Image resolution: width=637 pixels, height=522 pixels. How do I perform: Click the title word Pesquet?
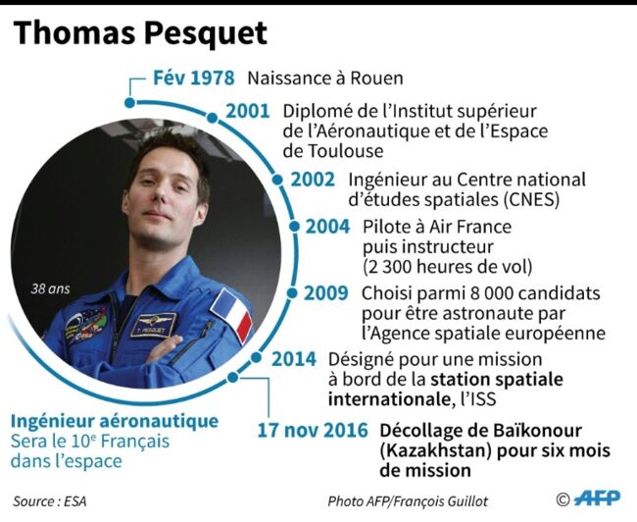(x=206, y=34)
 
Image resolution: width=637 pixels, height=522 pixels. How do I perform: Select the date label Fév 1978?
(x=194, y=78)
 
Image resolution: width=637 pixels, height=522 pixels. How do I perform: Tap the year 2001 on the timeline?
(x=248, y=111)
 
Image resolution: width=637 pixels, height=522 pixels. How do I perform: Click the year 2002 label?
(x=313, y=180)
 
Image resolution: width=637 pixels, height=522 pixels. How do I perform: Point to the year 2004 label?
(x=327, y=227)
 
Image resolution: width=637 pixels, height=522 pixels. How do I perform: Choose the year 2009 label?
(x=326, y=293)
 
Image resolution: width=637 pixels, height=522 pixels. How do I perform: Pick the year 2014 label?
(x=294, y=359)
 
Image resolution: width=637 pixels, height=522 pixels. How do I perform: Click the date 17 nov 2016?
(x=313, y=431)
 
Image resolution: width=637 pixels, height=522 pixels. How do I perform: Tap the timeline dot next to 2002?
(x=277, y=180)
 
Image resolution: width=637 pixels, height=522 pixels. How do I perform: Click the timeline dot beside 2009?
(x=292, y=293)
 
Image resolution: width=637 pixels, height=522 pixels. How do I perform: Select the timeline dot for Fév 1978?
(x=130, y=102)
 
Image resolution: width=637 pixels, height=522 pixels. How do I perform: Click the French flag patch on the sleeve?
(x=231, y=315)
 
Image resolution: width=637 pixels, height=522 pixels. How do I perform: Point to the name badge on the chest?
(x=154, y=326)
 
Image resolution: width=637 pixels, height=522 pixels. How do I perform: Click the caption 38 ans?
(x=50, y=288)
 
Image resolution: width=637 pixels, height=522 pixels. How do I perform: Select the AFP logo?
(x=598, y=498)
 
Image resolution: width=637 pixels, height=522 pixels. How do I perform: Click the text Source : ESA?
(x=50, y=501)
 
